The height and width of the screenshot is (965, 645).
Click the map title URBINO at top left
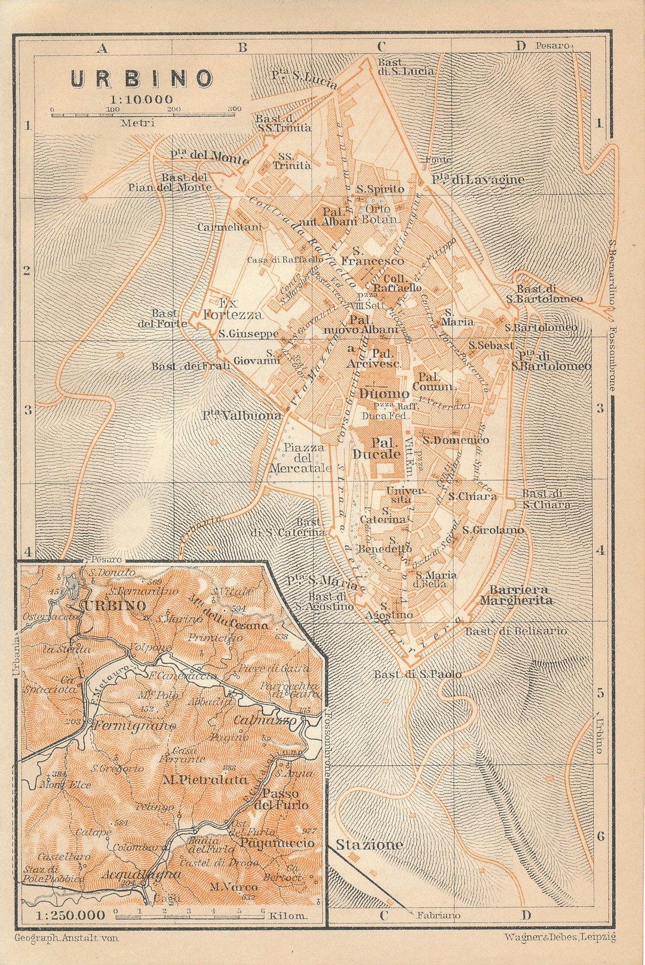(x=142, y=79)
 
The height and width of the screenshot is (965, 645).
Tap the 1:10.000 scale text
(x=142, y=99)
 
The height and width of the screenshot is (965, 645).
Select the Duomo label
(x=384, y=393)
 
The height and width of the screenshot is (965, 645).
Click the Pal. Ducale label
(x=385, y=448)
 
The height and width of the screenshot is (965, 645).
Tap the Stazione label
(x=369, y=844)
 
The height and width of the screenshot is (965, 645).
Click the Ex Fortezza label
(x=232, y=308)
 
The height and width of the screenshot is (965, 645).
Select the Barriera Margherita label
(x=516, y=595)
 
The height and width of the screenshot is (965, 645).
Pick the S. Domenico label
(x=456, y=440)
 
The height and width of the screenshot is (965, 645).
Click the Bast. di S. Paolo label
(x=417, y=674)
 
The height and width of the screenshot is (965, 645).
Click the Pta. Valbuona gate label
(x=241, y=415)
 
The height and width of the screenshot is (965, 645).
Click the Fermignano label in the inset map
(x=134, y=727)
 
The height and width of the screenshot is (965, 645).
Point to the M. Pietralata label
(x=204, y=779)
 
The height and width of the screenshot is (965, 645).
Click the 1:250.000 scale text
(x=62, y=915)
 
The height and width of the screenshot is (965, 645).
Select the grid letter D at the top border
(x=520, y=47)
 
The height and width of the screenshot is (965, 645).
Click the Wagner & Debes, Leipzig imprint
(x=560, y=938)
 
